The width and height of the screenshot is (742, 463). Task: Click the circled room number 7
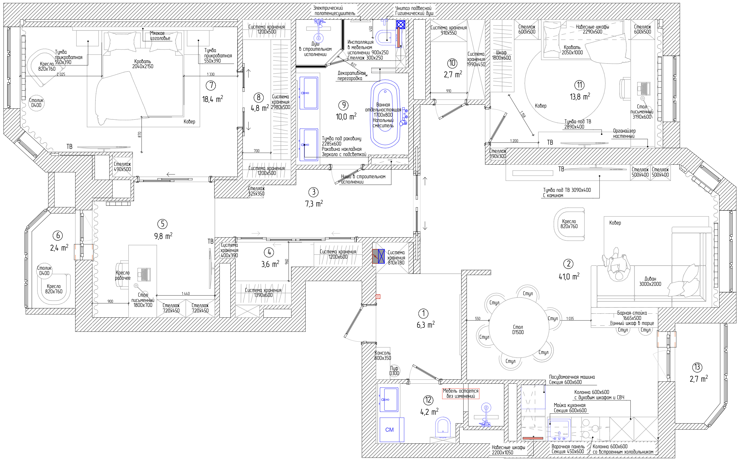coord(211,85)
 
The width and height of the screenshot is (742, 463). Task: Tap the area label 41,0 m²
coord(569,276)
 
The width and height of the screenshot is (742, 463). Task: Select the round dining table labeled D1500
coord(519,327)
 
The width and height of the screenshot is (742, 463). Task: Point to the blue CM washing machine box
coord(392,430)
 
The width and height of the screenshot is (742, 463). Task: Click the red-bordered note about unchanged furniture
coord(460,393)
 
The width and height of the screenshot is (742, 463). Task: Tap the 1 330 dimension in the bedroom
coord(211,74)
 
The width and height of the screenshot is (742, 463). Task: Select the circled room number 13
coord(697,367)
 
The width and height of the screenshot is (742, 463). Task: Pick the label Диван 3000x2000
coord(650,281)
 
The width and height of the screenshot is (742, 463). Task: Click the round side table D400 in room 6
coord(44,270)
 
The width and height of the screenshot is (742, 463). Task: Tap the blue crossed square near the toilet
coord(401,24)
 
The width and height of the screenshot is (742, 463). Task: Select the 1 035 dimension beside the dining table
coord(570,319)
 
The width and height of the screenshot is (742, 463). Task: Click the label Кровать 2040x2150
coord(143,64)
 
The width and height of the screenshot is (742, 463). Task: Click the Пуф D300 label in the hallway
coord(394,371)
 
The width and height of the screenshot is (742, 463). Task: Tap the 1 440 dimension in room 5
coord(186,293)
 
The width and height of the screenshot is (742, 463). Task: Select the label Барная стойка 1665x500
coord(632,316)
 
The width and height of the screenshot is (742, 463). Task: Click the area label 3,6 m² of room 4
coord(270,264)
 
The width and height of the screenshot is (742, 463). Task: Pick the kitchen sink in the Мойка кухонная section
coord(559,430)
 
